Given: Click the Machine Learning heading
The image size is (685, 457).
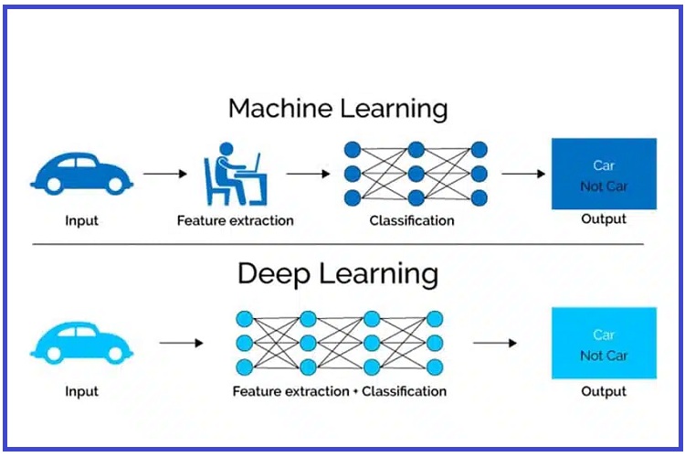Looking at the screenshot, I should click(338, 109).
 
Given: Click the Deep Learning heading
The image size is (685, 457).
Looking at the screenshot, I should click(338, 273).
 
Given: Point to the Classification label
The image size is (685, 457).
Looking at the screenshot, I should click(412, 220).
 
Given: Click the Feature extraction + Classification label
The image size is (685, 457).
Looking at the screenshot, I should click(340, 391).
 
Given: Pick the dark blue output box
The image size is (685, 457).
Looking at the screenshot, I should click(604, 174).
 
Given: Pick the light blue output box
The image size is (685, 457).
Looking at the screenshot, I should click(604, 343).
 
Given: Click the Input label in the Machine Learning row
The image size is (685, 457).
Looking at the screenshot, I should click(81, 220).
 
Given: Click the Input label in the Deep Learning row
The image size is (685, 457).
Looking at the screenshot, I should click(81, 391).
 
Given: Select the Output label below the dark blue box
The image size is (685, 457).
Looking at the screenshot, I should click(604, 219).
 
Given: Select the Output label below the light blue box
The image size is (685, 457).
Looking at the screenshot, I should click(604, 391).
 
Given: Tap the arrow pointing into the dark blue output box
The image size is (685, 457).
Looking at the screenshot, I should click(523, 172).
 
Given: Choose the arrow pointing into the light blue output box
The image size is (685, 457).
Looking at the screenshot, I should click(495, 343).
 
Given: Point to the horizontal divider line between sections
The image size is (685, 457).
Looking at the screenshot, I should click(338, 244).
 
